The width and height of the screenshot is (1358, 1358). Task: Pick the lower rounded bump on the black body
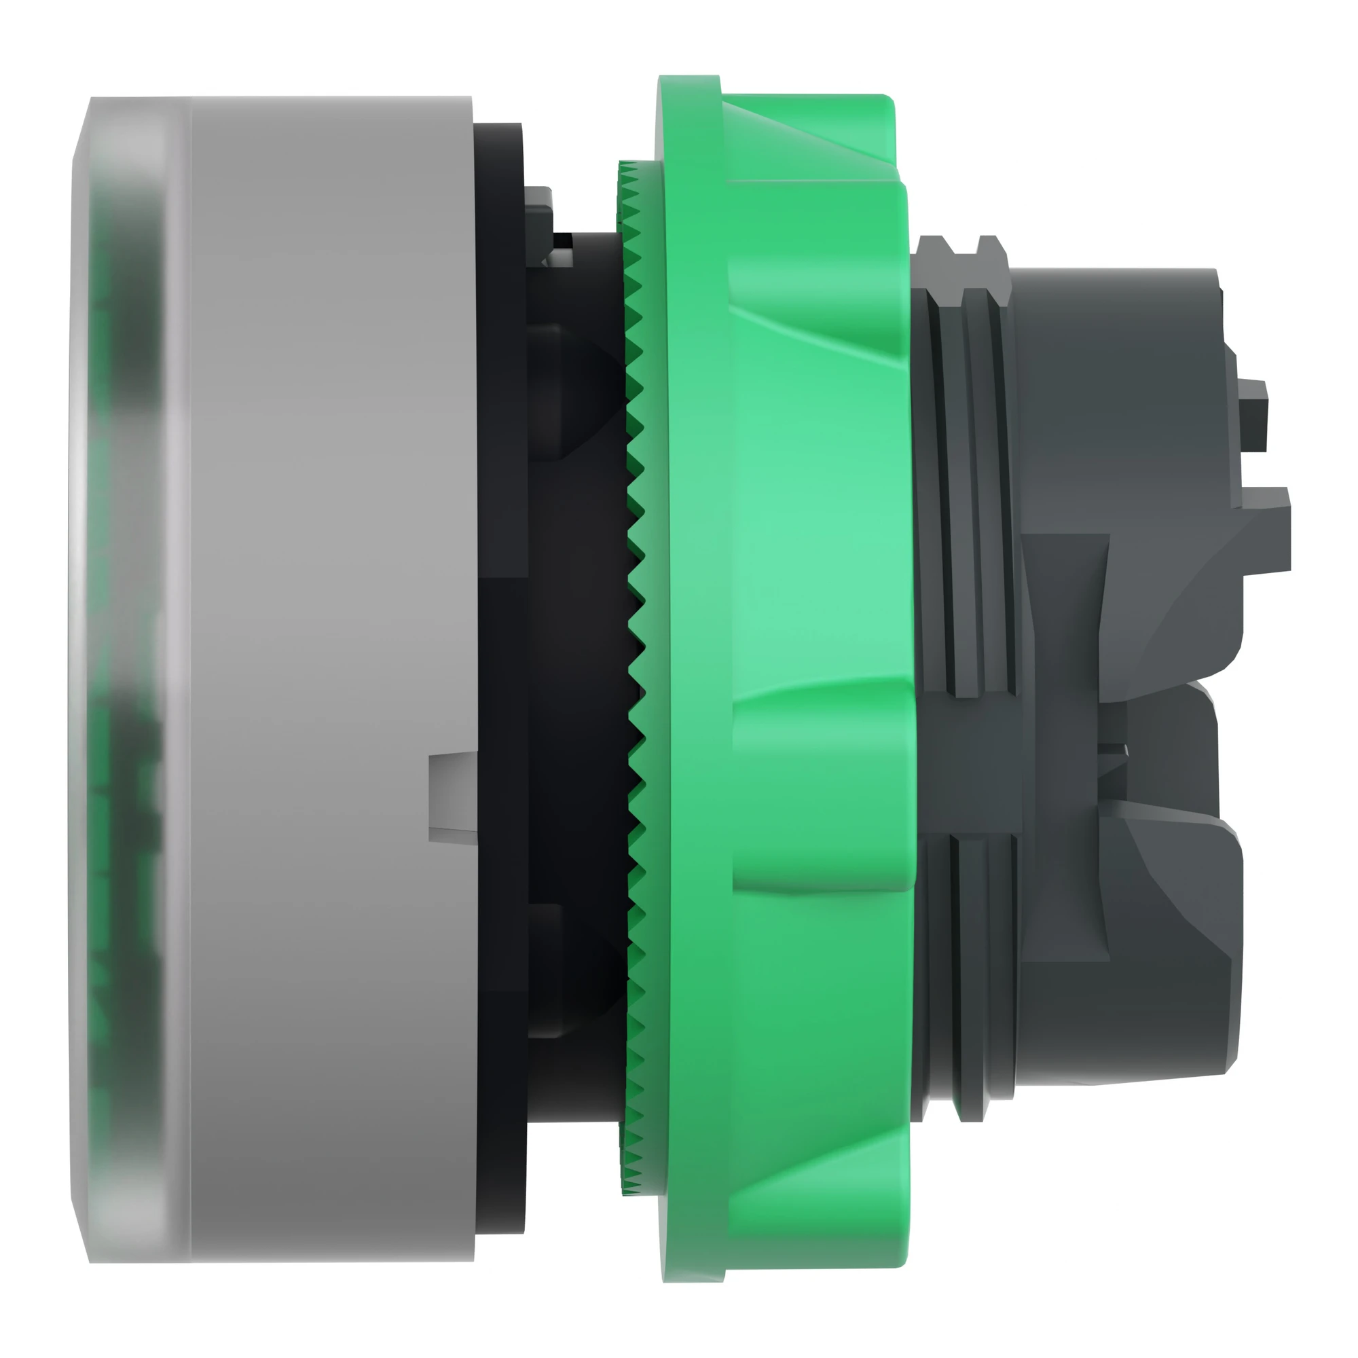point(562,970)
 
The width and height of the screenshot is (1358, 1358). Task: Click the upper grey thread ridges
point(970,492)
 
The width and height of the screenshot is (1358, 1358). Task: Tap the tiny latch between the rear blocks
point(1114,752)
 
